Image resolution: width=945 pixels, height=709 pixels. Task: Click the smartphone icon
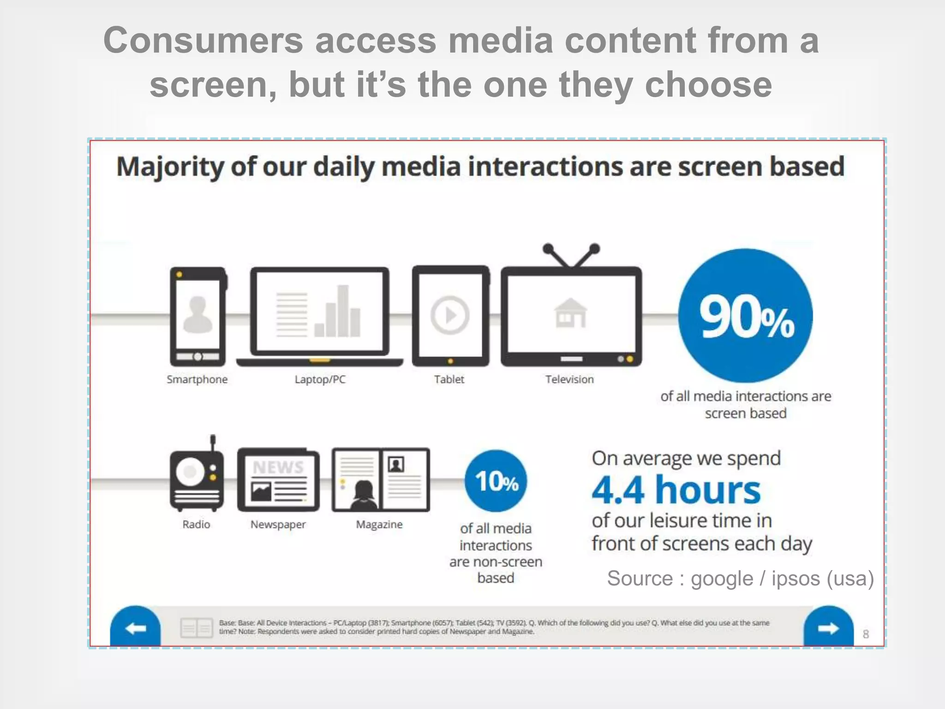coord(198,317)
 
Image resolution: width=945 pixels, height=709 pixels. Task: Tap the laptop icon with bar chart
coord(319,317)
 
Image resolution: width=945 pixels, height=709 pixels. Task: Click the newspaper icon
coord(278,480)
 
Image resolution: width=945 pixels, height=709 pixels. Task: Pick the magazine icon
coord(381,480)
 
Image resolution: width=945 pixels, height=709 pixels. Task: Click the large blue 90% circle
coord(745,316)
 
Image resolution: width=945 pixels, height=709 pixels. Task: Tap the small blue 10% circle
coord(496,481)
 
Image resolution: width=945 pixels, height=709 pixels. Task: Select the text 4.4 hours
coord(676,490)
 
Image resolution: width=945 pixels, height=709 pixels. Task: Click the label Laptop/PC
coord(320,379)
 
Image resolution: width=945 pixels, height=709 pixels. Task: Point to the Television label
coord(569,379)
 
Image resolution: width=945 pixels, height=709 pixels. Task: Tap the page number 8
coord(866,634)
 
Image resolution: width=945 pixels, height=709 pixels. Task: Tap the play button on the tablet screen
coord(450,316)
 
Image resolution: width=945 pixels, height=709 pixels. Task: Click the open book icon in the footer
coord(197,628)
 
